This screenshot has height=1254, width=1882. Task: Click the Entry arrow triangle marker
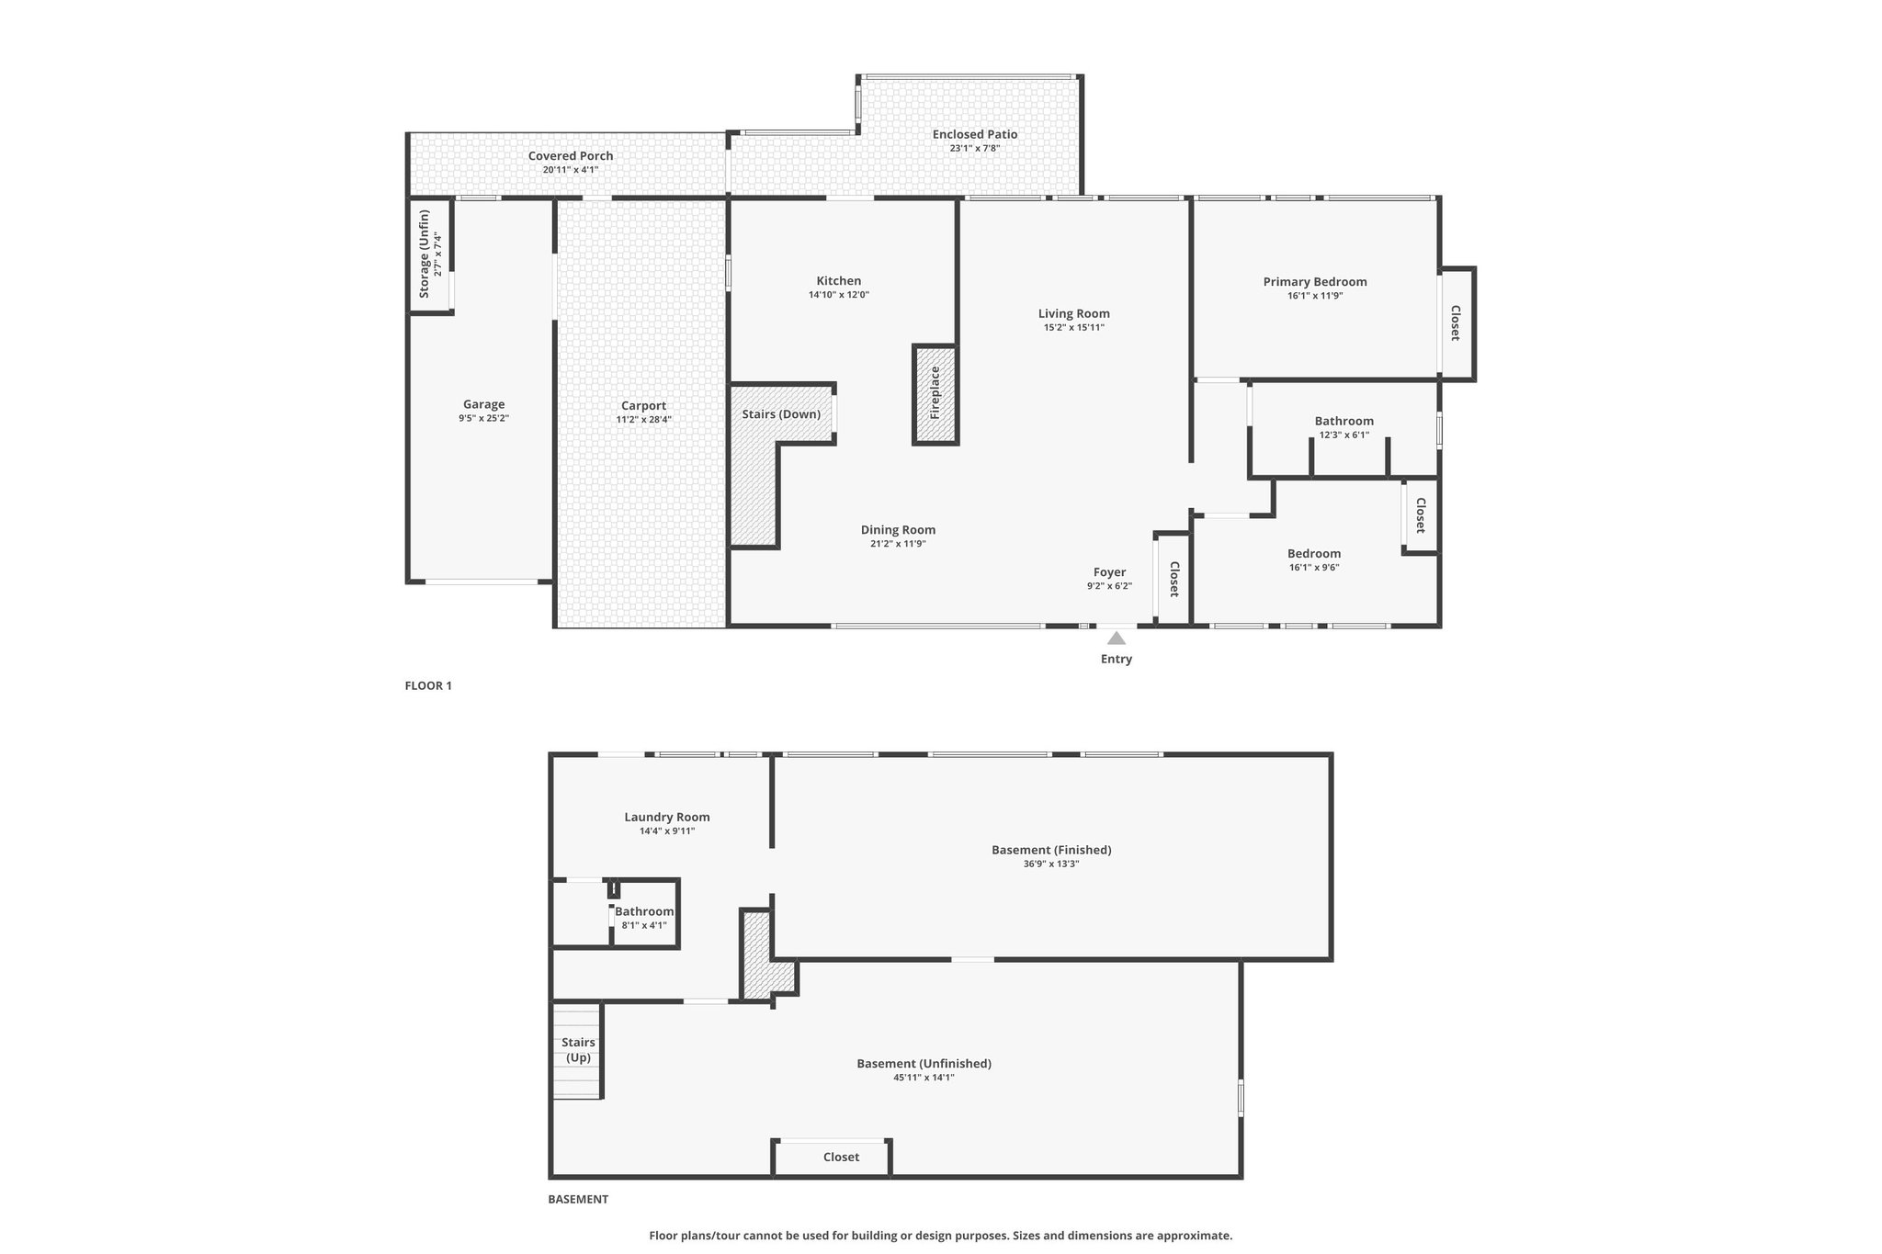click(1116, 638)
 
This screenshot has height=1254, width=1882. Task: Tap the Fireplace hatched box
click(935, 394)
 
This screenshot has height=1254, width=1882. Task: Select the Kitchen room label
click(839, 281)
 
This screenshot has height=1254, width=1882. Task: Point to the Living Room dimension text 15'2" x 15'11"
click(1073, 327)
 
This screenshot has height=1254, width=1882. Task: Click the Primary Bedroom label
click(1314, 282)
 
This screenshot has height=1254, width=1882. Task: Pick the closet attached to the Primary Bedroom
click(1457, 323)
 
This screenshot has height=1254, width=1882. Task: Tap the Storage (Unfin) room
click(430, 255)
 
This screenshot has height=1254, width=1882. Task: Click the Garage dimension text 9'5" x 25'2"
click(483, 418)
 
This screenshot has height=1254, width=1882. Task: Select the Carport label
click(643, 406)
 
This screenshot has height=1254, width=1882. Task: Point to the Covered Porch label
click(571, 156)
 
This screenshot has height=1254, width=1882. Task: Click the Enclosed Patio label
click(975, 134)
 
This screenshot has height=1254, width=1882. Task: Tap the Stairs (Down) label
click(781, 414)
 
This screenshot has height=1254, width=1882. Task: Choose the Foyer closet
click(1173, 579)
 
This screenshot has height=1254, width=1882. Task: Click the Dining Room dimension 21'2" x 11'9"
click(898, 543)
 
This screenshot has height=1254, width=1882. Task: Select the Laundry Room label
click(667, 817)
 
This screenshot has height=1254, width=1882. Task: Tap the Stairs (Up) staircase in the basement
click(577, 1050)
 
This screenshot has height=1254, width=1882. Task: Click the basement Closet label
click(841, 1157)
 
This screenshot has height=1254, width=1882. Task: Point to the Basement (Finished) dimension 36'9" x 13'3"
click(1051, 864)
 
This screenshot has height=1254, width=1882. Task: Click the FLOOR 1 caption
click(428, 685)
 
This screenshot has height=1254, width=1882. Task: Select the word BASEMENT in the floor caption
click(578, 1199)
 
